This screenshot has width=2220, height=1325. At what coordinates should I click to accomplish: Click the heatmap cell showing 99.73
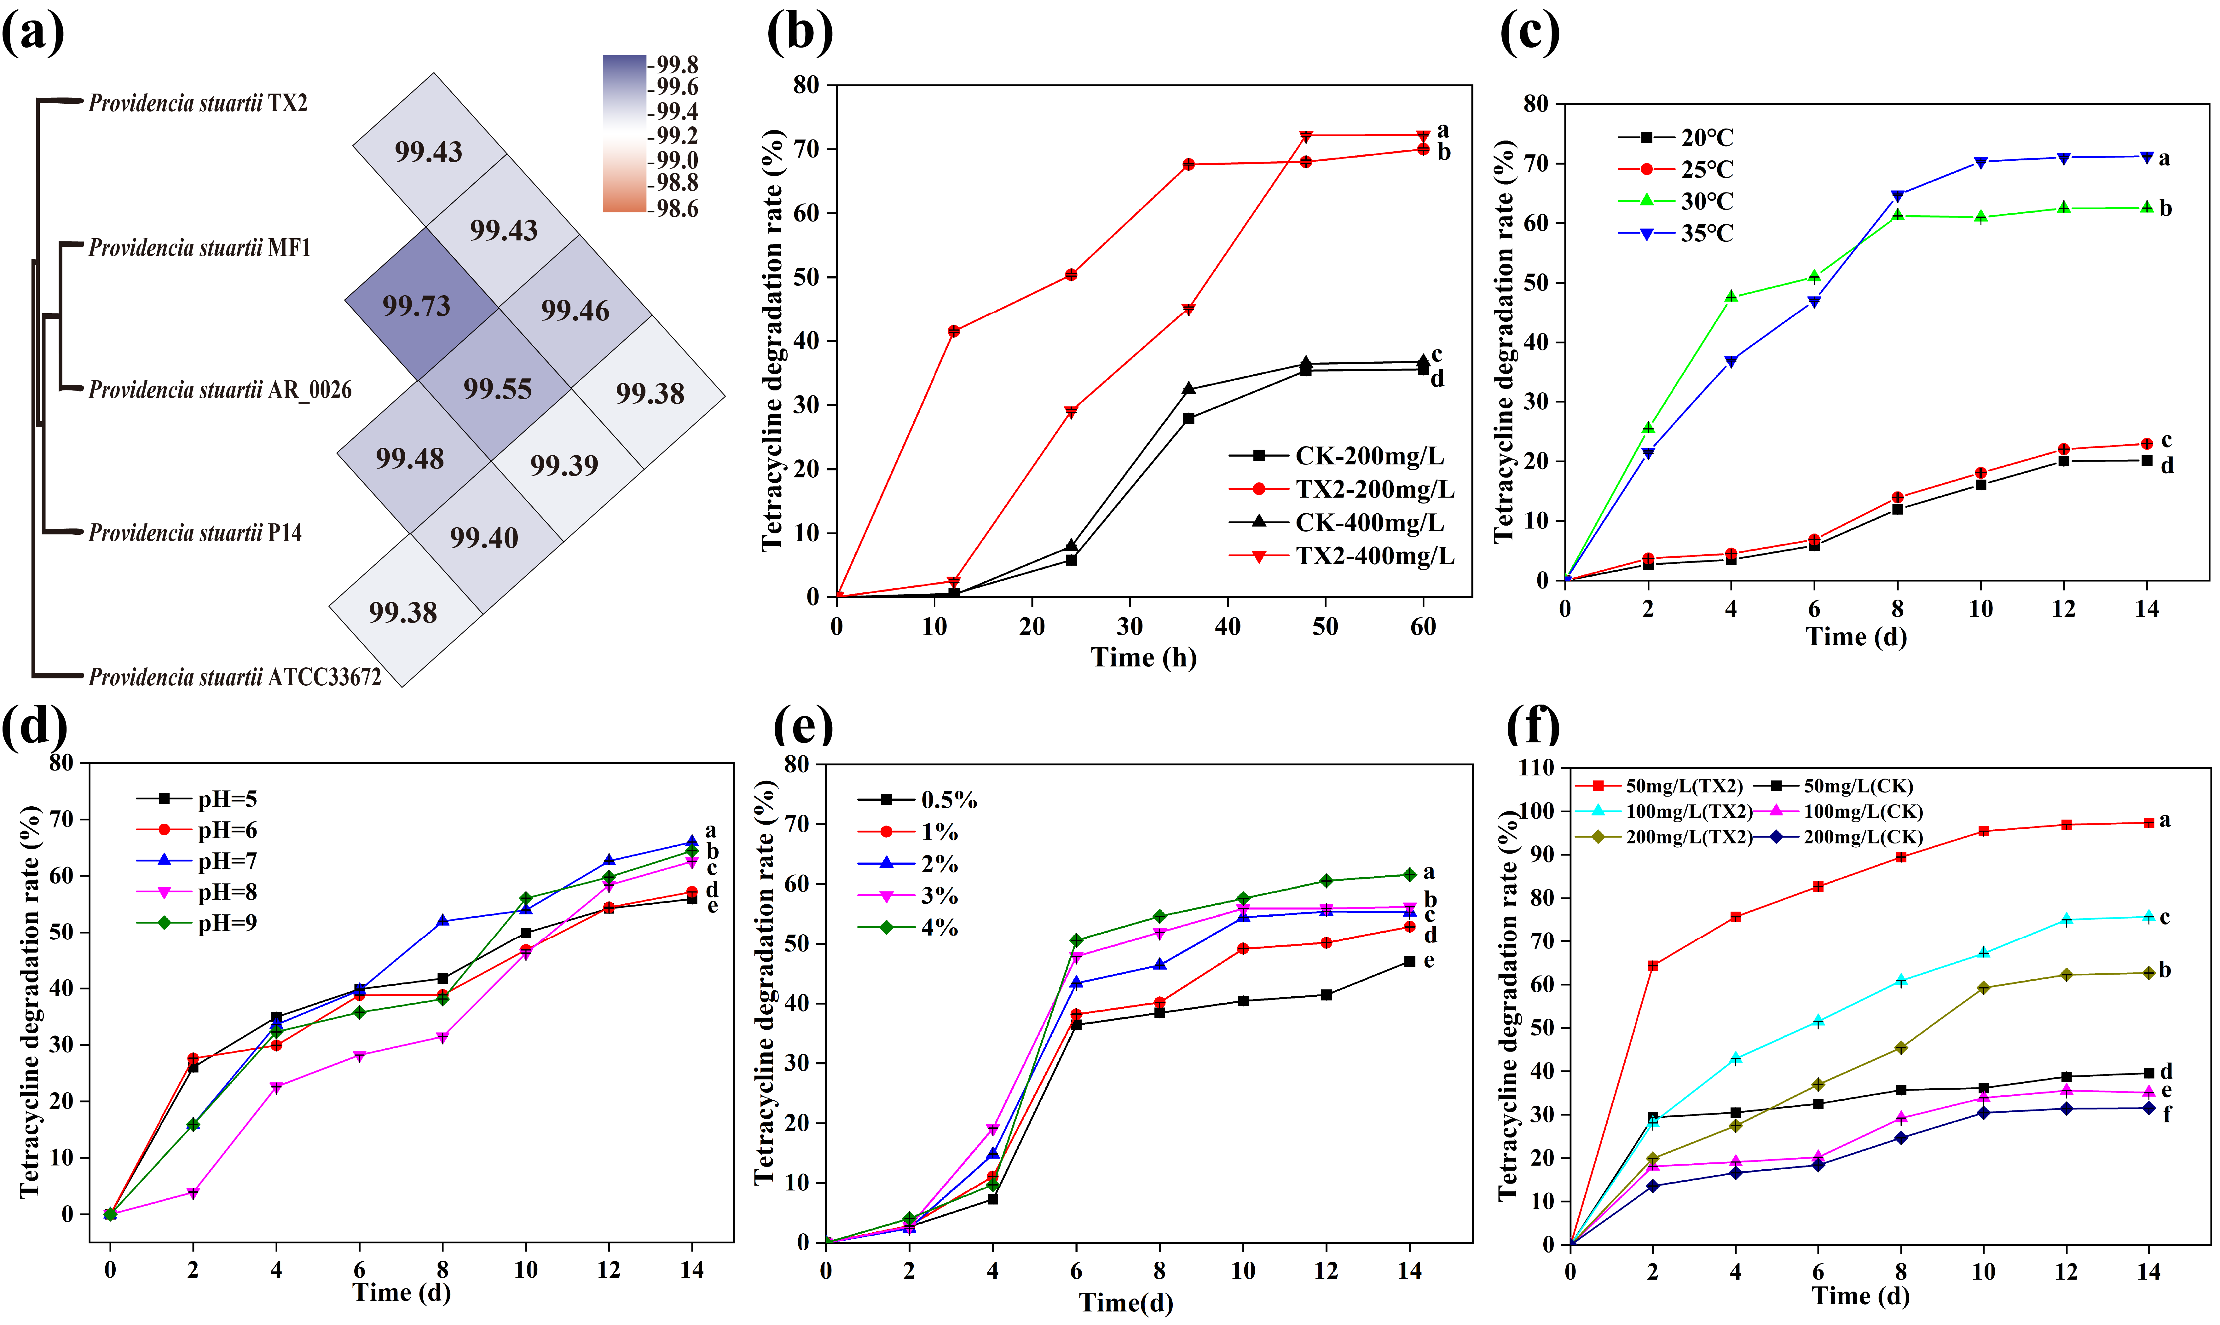tap(417, 306)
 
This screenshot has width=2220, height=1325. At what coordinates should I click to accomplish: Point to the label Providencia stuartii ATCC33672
tap(234, 677)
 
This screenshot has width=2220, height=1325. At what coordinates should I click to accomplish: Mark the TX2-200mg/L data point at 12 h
tap(954, 331)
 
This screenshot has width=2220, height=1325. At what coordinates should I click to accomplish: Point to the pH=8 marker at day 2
tap(193, 1193)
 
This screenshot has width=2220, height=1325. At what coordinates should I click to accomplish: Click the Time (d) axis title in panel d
tap(401, 1292)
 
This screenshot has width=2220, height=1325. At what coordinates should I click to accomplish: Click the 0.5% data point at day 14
tap(1409, 962)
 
